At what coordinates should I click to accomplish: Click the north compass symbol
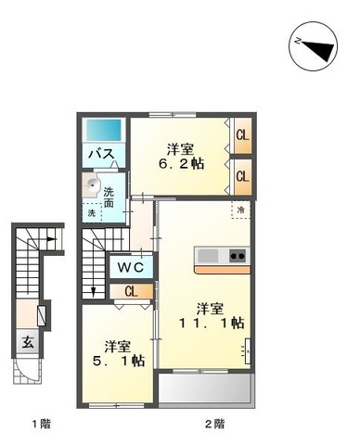tap(313, 45)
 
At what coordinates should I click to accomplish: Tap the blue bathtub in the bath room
tap(104, 130)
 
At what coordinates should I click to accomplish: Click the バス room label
tap(101, 154)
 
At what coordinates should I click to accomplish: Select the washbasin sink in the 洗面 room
tap(92, 185)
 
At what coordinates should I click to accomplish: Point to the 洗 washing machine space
tap(92, 213)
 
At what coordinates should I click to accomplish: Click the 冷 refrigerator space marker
tap(240, 210)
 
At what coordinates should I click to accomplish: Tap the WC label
tap(131, 267)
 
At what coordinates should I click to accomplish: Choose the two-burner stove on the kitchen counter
tap(238, 256)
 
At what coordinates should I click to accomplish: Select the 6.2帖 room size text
tap(181, 164)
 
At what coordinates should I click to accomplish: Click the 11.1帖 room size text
tap(212, 323)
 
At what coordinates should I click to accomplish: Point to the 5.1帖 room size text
tap(119, 361)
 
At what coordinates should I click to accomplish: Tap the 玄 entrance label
tap(28, 342)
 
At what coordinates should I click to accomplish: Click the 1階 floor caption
tap(41, 424)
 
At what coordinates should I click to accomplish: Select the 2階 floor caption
tap(215, 424)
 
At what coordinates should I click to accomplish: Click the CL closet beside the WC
tap(131, 291)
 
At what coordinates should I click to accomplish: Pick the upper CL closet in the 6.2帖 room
tap(242, 135)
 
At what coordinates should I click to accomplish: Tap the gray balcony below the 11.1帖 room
tap(205, 388)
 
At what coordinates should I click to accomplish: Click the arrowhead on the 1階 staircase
tap(52, 239)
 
